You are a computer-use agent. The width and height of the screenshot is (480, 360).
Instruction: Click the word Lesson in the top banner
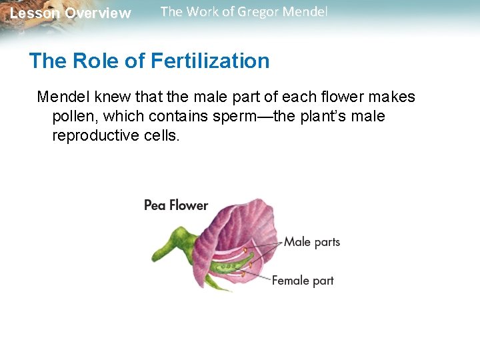(x=33, y=13)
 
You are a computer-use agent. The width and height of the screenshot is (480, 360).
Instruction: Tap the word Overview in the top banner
(x=98, y=13)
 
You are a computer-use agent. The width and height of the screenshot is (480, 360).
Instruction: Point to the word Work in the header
(x=200, y=12)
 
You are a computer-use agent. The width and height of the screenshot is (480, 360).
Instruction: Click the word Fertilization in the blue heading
(x=210, y=61)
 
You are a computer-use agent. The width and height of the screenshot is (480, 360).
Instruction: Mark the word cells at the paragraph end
(x=163, y=136)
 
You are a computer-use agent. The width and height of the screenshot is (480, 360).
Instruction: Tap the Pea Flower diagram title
(x=176, y=205)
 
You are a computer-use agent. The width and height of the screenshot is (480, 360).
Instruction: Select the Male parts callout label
(x=312, y=242)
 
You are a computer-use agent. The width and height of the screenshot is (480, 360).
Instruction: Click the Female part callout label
(x=303, y=281)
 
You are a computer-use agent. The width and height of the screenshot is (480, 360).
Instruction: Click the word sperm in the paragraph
(x=235, y=117)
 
